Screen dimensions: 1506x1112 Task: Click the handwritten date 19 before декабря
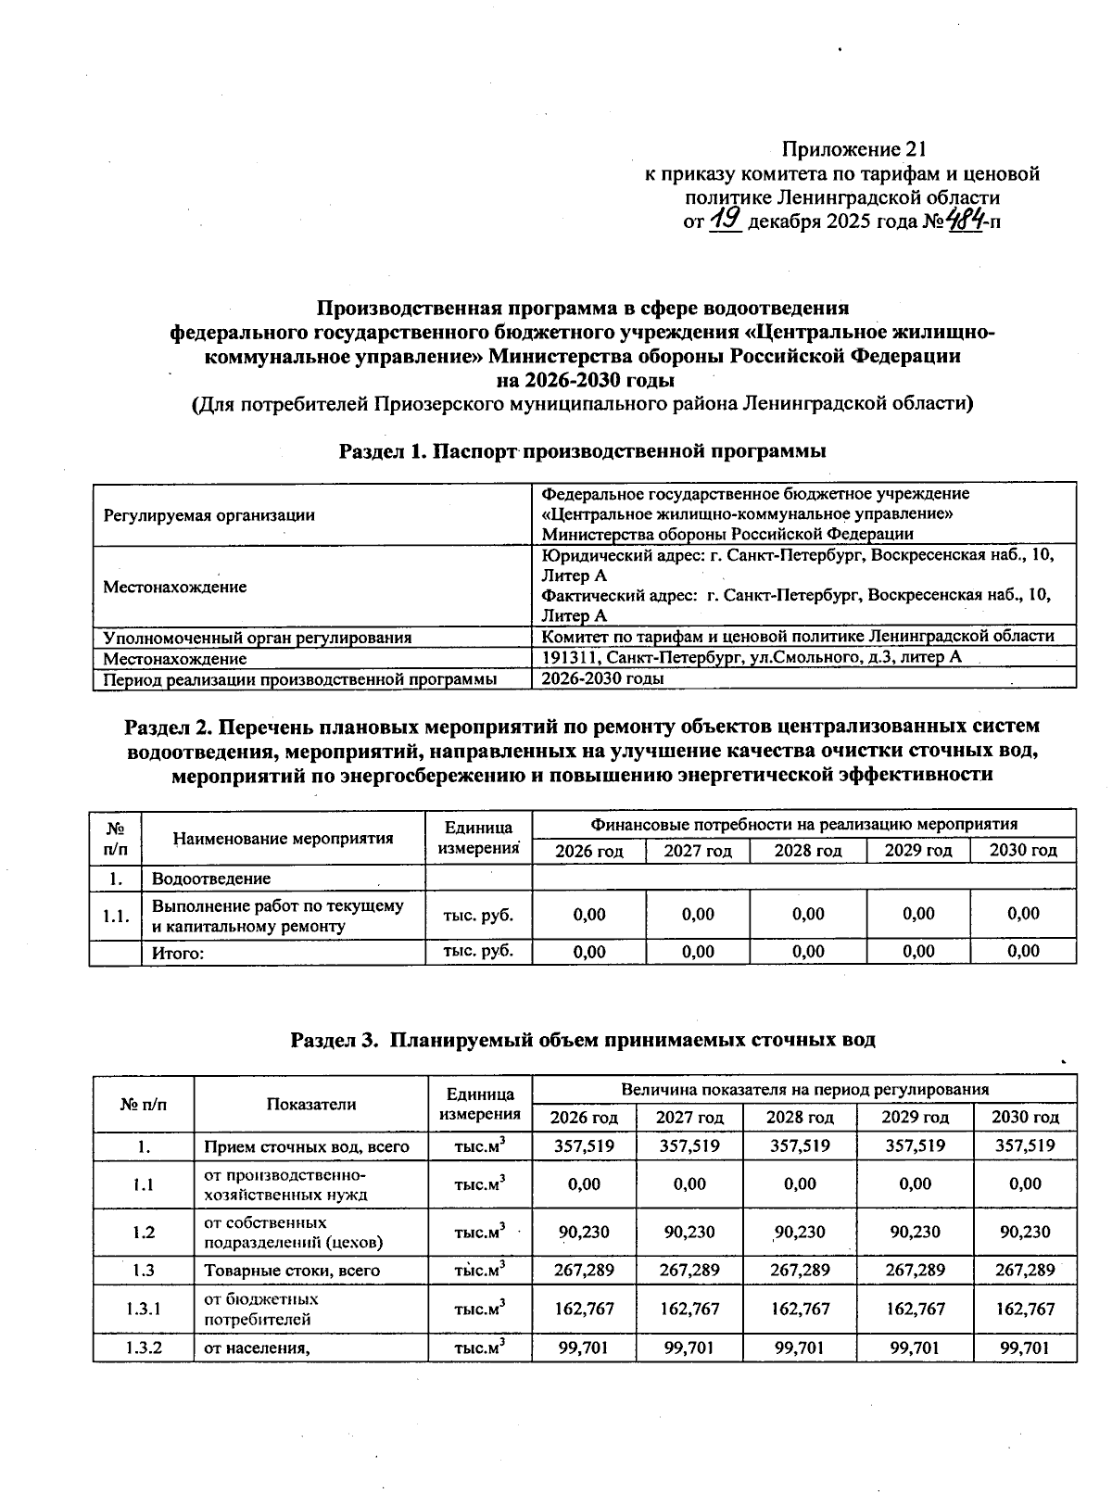tap(724, 220)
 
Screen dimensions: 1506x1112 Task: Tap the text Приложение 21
tap(854, 149)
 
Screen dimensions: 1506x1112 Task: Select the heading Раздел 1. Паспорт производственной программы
tap(582, 451)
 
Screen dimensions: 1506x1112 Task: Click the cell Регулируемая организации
tap(208, 515)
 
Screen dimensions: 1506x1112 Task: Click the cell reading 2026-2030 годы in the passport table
tap(602, 678)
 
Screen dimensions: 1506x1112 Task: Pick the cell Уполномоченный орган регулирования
tap(258, 638)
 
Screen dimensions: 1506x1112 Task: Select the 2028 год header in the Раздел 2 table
tap(808, 851)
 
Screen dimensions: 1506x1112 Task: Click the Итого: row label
tap(177, 953)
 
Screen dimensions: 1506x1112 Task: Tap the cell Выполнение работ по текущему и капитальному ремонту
tap(277, 916)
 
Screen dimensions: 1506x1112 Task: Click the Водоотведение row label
tap(211, 878)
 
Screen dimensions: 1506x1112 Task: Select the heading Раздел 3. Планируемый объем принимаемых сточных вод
tap(583, 1040)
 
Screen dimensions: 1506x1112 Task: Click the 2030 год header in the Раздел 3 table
tap(1025, 1118)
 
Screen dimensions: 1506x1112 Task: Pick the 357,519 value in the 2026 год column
tap(584, 1145)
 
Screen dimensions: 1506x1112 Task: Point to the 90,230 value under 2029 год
tap(915, 1232)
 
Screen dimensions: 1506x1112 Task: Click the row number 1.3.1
tap(144, 1309)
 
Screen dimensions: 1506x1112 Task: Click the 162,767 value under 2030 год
tap(1025, 1309)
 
